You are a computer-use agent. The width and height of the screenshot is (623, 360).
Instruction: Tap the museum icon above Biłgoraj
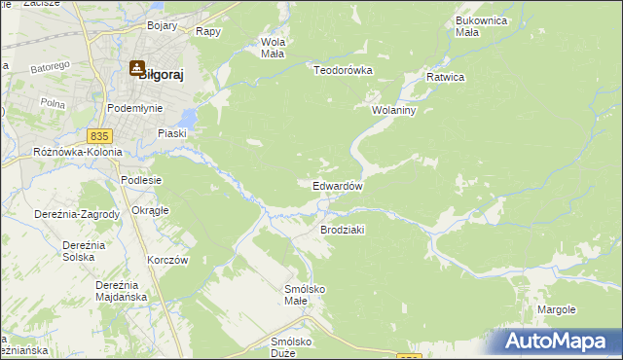(x=136, y=66)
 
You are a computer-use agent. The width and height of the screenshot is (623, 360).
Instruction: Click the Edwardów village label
(x=338, y=186)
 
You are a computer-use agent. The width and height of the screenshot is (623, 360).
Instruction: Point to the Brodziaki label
(x=342, y=230)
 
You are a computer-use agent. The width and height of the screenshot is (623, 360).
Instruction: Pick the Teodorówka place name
(x=344, y=69)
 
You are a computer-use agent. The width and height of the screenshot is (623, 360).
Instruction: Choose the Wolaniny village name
(x=393, y=111)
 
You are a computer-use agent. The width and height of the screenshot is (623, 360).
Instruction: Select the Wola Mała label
(x=272, y=48)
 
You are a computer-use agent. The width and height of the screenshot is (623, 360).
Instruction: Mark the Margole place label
(x=556, y=309)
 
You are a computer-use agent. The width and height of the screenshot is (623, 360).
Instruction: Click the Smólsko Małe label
(x=304, y=294)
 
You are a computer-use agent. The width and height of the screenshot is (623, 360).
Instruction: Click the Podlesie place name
(x=140, y=181)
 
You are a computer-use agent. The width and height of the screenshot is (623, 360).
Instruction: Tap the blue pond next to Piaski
(x=188, y=119)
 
